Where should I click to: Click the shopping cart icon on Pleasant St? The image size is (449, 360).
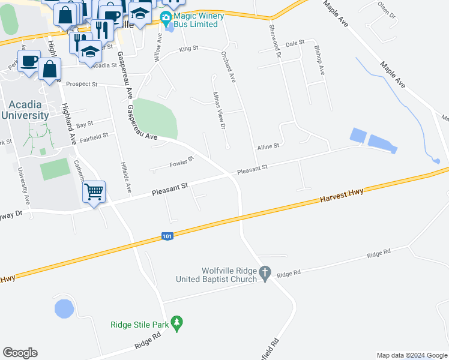(x=94, y=193)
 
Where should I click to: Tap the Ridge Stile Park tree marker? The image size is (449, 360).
(x=176, y=323)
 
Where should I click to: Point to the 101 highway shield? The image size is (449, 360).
(x=167, y=237)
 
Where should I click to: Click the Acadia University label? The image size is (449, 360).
(x=25, y=110)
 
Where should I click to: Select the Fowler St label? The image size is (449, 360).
(x=181, y=161)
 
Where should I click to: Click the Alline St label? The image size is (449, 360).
(x=268, y=146)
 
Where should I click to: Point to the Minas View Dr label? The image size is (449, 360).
(x=220, y=110)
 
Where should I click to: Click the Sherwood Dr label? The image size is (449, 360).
(x=275, y=41)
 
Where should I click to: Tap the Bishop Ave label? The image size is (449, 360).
(x=319, y=62)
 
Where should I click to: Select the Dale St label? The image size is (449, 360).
(x=295, y=44)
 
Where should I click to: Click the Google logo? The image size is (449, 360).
(x=20, y=353)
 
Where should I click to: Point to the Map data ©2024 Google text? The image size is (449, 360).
(x=412, y=355)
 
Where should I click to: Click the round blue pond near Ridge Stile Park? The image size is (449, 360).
(x=64, y=309)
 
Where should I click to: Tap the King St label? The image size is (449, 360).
(x=188, y=48)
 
